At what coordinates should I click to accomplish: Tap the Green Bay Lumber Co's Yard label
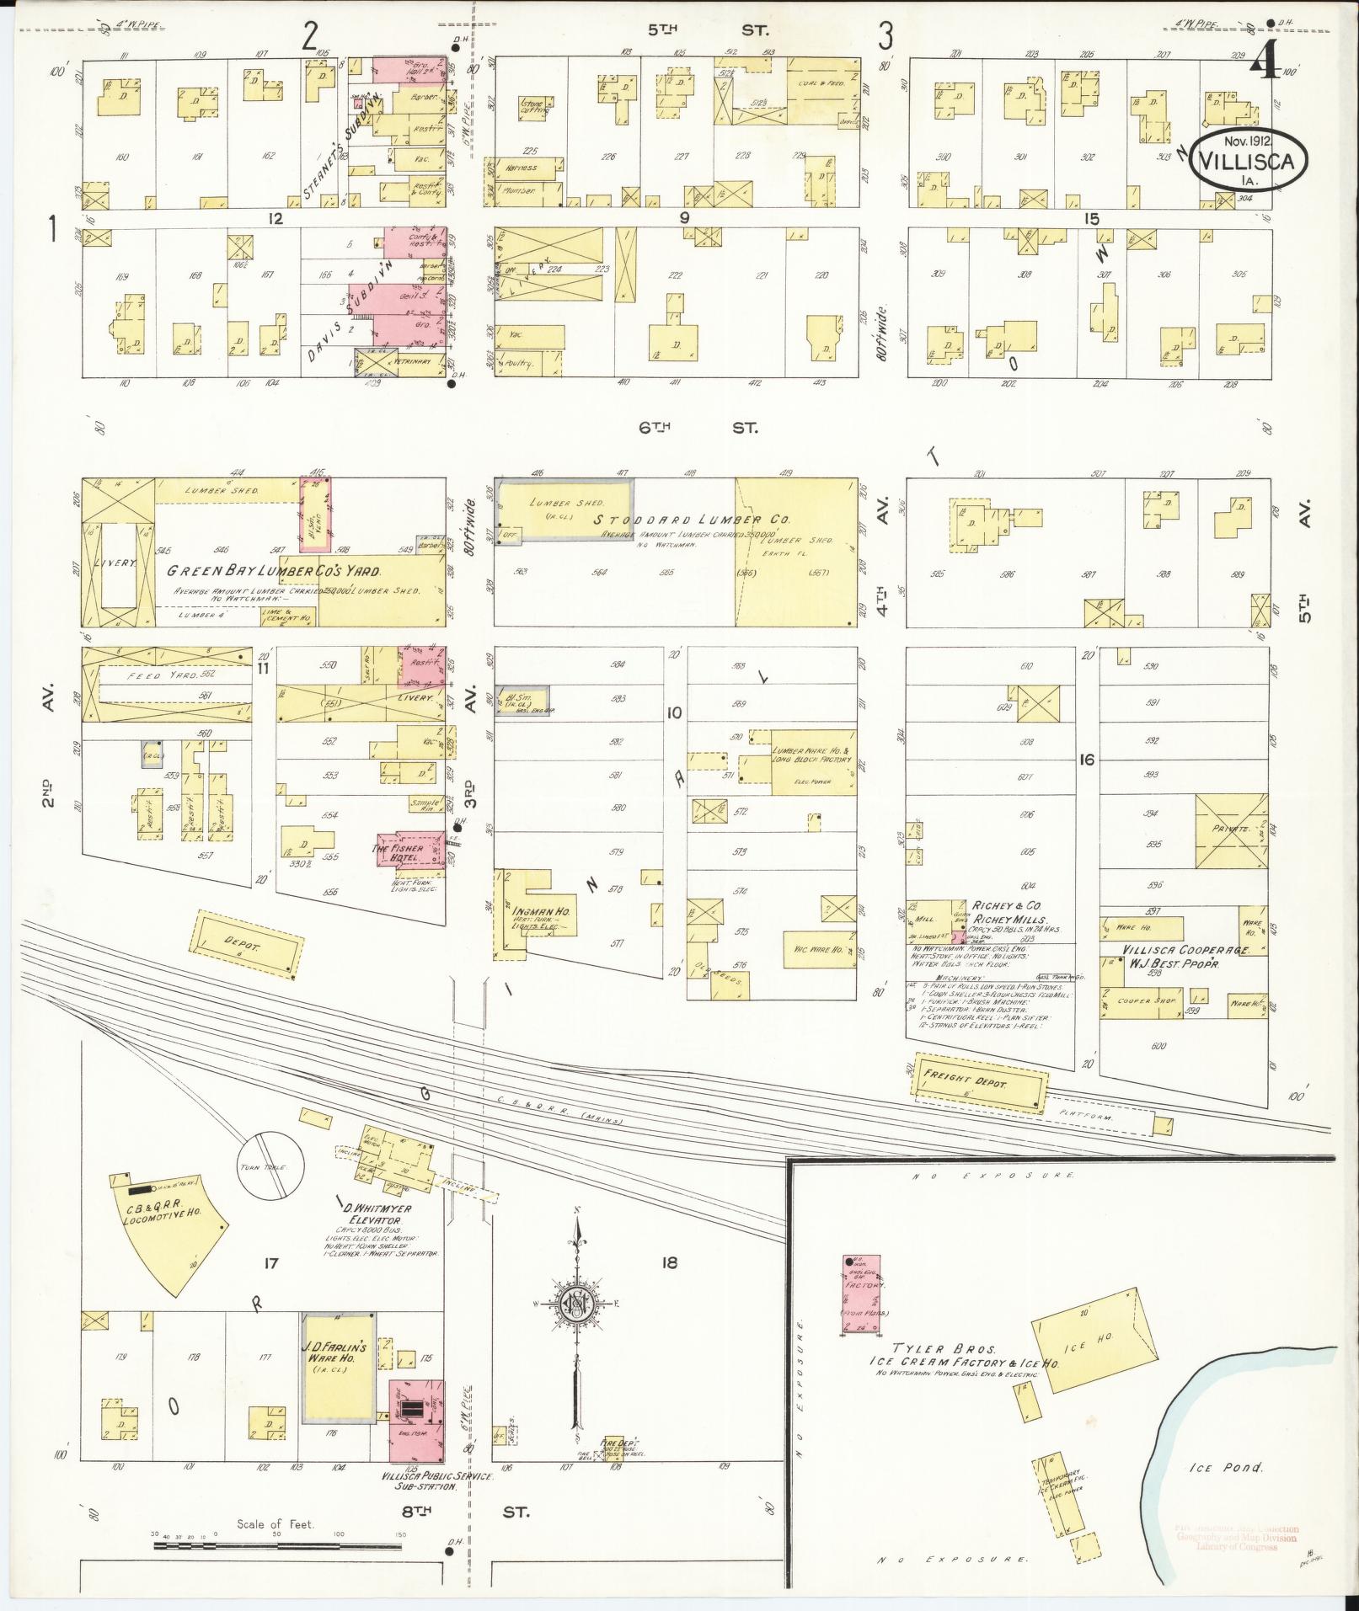click(x=273, y=571)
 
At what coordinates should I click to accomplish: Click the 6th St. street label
click(x=696, y=428)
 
